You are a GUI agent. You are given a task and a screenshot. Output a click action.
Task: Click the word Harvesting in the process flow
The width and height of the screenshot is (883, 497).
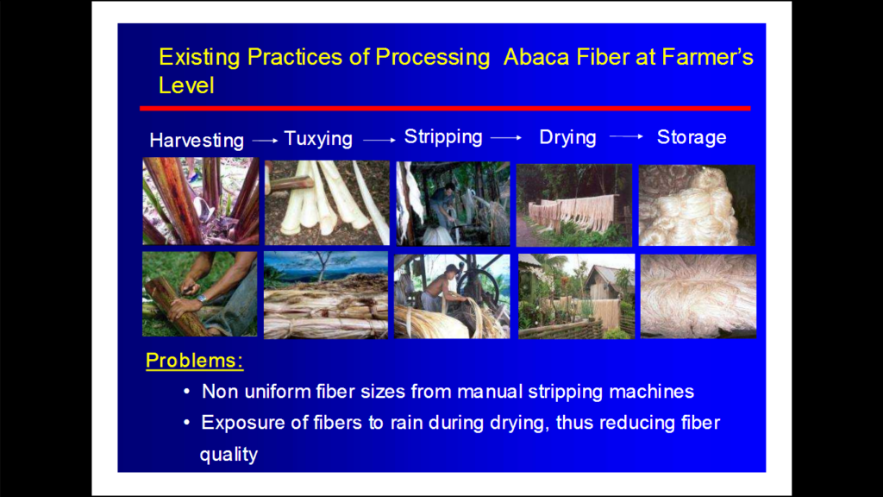pos(197,141)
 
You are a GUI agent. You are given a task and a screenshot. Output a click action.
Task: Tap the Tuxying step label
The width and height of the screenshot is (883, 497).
pos(318,139)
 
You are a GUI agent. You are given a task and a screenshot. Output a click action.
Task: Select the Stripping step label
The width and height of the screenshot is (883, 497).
pos(443,137)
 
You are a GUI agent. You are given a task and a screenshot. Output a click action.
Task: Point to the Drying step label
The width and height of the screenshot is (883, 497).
pos(567,137)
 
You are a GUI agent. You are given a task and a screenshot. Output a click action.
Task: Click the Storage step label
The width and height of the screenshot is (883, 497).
pos(692,137)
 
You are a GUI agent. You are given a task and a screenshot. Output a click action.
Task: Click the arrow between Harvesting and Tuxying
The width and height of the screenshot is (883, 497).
pos(264,139)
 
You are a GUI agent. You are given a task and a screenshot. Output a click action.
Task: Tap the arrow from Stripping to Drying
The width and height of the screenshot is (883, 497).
pos(506,137)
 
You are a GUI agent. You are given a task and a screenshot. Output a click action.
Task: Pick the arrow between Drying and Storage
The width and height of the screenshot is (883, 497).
pos(626,136)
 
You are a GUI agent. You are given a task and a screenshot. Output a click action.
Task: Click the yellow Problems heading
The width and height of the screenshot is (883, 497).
pos(194,361)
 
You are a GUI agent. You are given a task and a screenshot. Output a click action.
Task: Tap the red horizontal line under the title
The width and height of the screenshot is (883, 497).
pos(444,108)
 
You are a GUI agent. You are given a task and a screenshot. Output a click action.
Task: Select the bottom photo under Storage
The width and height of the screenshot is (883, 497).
pos(698,296)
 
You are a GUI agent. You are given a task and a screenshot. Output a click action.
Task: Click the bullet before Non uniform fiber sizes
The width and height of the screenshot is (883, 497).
pos(187,393)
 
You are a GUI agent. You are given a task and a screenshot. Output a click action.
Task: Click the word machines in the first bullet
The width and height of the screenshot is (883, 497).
pos(651,392)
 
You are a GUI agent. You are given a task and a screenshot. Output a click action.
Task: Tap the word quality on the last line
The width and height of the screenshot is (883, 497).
pos(229,454)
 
